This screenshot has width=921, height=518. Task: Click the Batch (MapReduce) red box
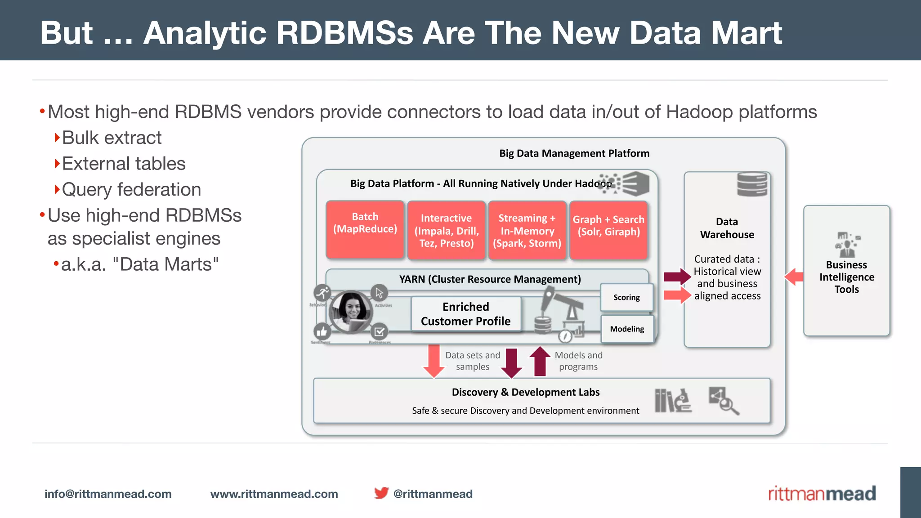pyautogui.click(x=365, y=230)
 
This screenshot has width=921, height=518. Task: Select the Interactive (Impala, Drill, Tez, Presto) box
pyautogui.click(x=446, y=231)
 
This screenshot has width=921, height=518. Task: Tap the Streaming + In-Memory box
pyautogui.click(x=527, y=231)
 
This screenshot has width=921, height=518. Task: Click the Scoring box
pyautogui.click(x=626, y=297)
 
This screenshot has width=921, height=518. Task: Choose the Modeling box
pyautogui.click(x=627, y=329)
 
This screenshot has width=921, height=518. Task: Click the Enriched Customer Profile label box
pyautogui.click(x=466, y=314)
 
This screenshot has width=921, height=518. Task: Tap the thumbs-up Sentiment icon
pyautogui.click(x=322, y=332)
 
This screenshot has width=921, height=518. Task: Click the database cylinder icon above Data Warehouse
pyautogui.click(x=752, y=184)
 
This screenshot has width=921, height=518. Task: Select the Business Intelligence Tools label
pyautogui.click(x=846, y=277)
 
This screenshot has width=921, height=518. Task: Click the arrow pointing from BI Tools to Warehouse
pyautogui.click(x=794, y=277)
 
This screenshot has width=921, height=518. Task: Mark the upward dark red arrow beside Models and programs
pyautogui.click(x=540, y=361)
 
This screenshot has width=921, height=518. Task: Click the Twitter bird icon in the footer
pyautogui.click(x=381, y=493)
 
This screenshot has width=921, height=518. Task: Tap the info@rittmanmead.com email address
pyautogui.click(x=108, y=494)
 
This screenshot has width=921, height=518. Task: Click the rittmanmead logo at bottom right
pyautogui.click(x=822, y=493)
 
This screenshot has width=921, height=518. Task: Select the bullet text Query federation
pyautogui.click(x=131, y=190)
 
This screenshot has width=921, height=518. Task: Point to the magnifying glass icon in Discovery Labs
pyautogui.click(x=724, y=401)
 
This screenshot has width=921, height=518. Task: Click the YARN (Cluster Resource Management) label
pyautogui.click(x=490, y=279)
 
